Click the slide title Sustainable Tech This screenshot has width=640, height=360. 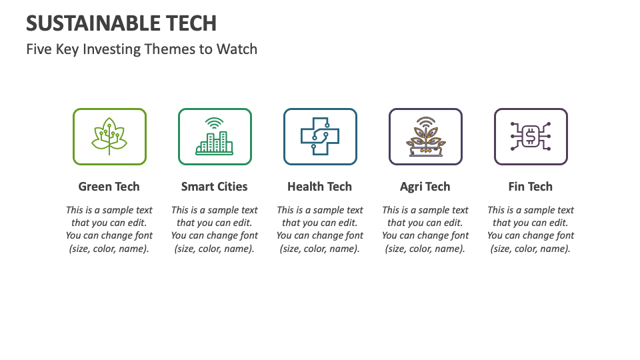click(121, 23)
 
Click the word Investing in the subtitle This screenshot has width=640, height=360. click(111, 49)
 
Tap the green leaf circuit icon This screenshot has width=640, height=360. click(109, 137)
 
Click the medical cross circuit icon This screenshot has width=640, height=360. click(320, 137)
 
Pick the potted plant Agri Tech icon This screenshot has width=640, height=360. click(425, 138)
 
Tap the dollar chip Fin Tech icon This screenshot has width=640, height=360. click(531, 137)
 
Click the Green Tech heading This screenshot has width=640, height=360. click(109, 187)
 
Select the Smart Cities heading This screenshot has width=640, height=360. click(215, 187)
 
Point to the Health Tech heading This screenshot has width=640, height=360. click(320, 187)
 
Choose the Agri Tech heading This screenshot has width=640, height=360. click(425, 187)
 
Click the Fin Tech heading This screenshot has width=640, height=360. click(531, 187)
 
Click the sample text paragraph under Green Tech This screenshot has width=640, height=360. click(109, 229)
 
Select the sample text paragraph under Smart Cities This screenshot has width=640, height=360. click(215, 229)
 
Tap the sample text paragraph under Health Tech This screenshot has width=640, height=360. click(320, 229)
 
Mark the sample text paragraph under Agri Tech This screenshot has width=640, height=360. click(425, 229)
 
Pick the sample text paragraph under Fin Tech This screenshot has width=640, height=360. click(531, 229)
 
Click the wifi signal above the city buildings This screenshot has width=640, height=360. click(215, 123)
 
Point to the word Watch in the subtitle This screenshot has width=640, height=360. click(237, 49)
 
